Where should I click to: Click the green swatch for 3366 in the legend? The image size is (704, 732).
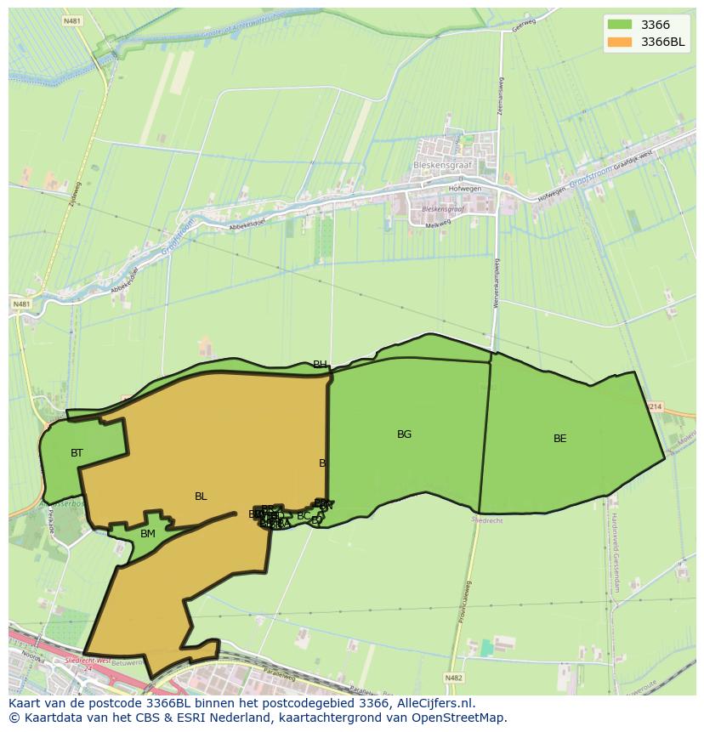621,25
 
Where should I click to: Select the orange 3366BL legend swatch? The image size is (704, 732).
621,42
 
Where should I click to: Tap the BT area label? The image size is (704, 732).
77,453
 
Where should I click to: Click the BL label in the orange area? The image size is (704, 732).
201,497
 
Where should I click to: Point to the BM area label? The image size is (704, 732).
148,534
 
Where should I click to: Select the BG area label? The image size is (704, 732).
404,434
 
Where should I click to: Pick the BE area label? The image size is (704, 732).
559,439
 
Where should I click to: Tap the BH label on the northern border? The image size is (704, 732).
320,365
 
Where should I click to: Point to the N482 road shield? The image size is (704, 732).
455,678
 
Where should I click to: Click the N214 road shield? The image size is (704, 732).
654,407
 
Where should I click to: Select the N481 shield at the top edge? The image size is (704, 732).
72,20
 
